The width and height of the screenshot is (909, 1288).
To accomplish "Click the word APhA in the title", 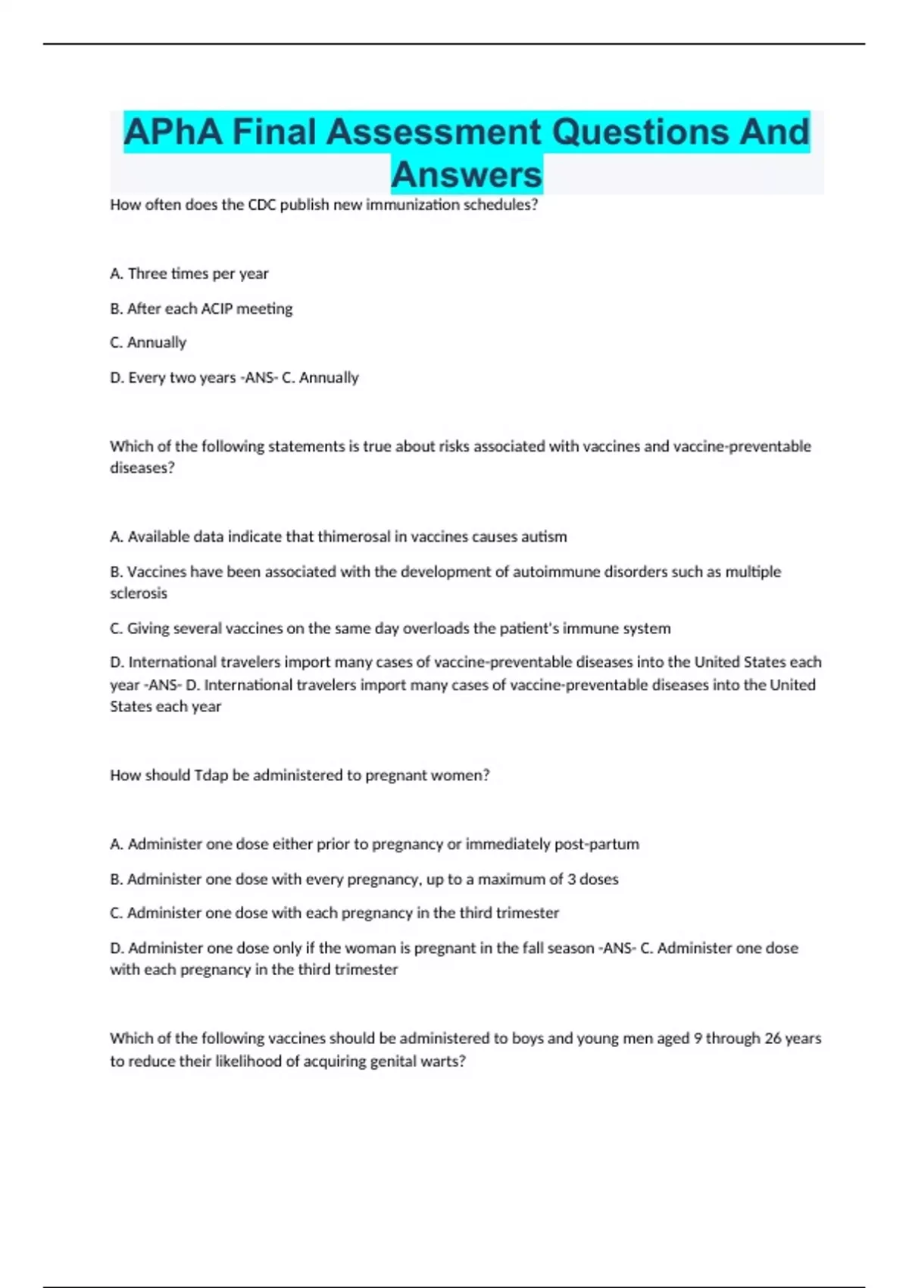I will pos(173,132).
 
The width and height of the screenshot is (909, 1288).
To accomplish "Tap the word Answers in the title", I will pos(467,174).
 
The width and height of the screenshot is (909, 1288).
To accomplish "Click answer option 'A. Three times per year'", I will pos(189,274).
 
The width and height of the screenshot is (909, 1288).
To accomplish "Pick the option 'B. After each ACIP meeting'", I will pos(201,308).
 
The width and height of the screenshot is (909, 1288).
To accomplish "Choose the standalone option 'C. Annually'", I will pos(148,342).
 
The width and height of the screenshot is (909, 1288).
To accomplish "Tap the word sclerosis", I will pos(139,593).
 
